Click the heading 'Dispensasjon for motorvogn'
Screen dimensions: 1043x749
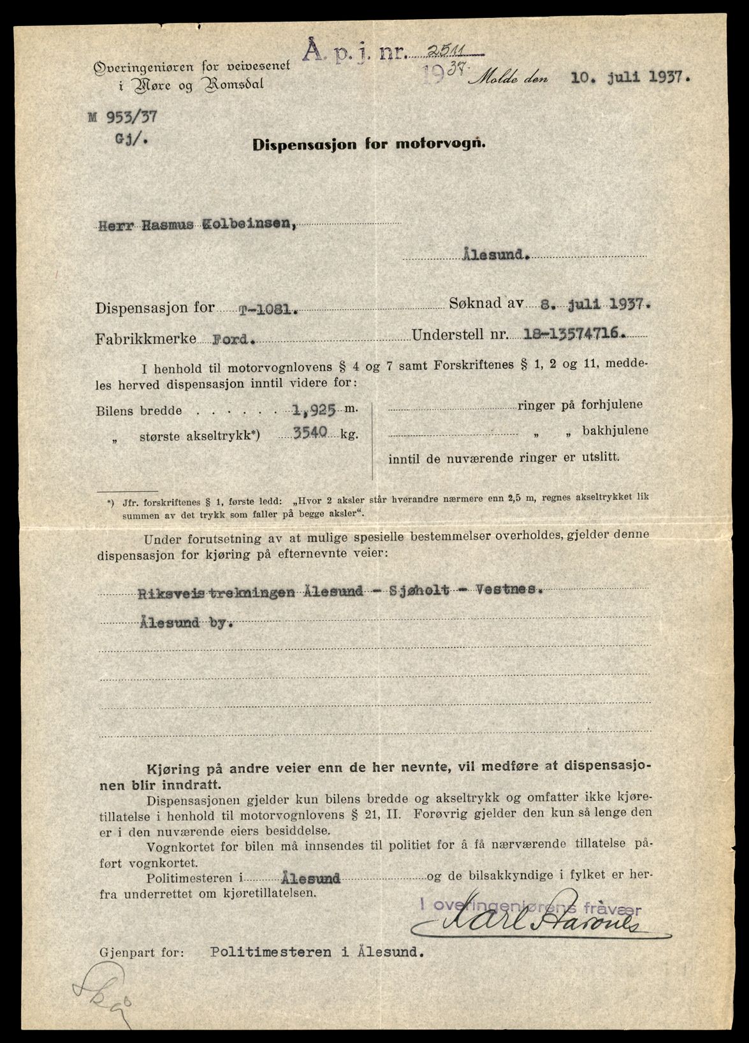pyautogui.click(x=369, y=144)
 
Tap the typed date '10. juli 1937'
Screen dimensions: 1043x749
pyautogui.click(x=632, y=78)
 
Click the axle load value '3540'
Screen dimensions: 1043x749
pyautogui.click(x=310, y=433)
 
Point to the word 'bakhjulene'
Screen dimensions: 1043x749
pyautogui.click(x=614, y=430)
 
